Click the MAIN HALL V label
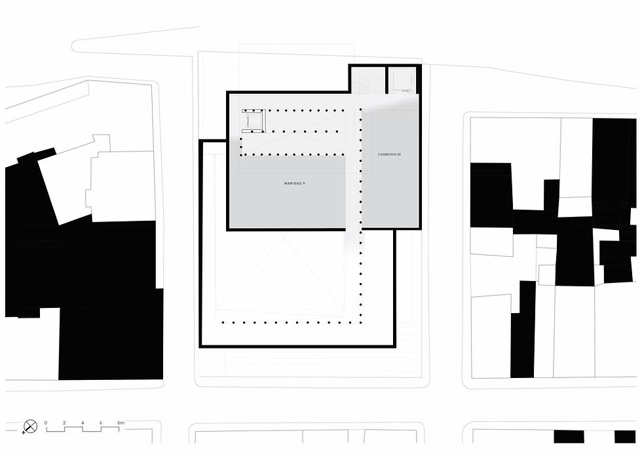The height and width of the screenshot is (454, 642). point(295,183)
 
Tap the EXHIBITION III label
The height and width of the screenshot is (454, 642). point(389,155)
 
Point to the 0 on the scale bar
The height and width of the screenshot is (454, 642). point(46,423)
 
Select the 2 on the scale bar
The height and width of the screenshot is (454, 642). point(64,423)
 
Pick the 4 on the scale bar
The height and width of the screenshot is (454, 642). point(83,423)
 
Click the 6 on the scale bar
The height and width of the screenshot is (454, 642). point(101,423)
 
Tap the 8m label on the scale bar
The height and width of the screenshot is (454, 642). point(121,423)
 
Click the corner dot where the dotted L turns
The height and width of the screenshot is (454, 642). point(360,322)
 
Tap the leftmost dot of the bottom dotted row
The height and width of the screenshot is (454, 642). point(223,322)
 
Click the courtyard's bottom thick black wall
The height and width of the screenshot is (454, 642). point(298,344)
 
